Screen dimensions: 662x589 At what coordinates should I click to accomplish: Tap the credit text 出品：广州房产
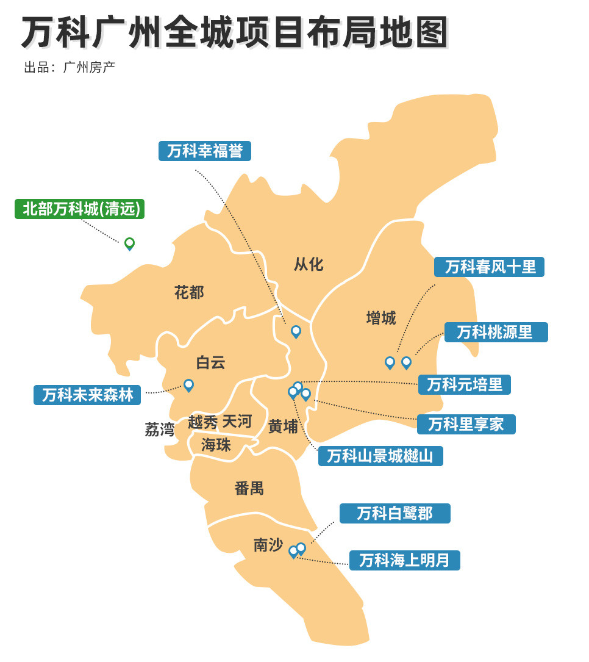click(x=70, y=67)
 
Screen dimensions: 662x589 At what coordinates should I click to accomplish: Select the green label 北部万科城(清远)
click(x=80, y=209)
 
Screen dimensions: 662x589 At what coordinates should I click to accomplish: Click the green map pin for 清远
click(x=129, y=243)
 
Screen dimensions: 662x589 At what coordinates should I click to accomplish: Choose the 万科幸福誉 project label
click(x=205, y=151)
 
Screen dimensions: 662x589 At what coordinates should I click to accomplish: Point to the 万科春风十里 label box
click(x=490, y=267)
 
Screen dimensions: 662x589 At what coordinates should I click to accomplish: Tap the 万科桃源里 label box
click(x=496, y=332)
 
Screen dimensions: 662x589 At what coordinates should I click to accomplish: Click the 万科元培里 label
click(x=465, y=384)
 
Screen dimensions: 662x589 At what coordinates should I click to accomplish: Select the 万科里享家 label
click(x=466, y=423)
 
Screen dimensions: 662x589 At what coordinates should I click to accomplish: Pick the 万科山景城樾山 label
click(x=380, y=456)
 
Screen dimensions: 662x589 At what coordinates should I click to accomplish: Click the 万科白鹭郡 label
click(x=394, y=513)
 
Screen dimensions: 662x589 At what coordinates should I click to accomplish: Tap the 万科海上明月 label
click(x=404, y=560)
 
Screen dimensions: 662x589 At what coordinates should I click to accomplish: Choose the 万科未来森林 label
click(x=87, y=395)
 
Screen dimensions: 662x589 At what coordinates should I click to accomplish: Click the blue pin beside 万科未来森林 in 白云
click(x=188, y=385)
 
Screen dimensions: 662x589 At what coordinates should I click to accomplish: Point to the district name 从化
click(x=309, y=264)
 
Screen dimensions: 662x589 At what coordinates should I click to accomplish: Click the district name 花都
click(x=189, y=292)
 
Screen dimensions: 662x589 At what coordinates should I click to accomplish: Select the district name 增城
click(x=381, y=318)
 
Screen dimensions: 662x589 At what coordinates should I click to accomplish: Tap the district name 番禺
click(x=249, y=488)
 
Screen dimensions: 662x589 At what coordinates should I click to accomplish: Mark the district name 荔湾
click(x=160, y=430)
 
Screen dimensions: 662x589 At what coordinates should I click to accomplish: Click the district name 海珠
click(x=216, y=445)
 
